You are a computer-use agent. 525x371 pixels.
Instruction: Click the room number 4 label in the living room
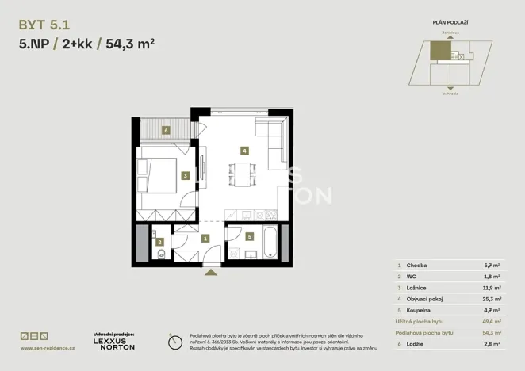245,150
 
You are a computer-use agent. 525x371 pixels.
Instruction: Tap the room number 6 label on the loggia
166,130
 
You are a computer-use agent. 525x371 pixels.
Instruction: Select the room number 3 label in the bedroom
184,176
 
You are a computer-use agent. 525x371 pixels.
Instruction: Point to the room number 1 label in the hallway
205,238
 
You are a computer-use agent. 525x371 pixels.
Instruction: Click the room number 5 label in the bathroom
250,235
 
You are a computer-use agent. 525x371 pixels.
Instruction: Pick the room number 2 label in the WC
159,243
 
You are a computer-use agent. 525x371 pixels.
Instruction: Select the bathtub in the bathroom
271,243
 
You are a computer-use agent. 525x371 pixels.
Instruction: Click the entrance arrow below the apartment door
210,273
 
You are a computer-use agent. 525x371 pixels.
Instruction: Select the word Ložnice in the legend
416,289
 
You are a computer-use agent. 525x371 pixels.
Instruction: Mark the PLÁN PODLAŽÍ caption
449,25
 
